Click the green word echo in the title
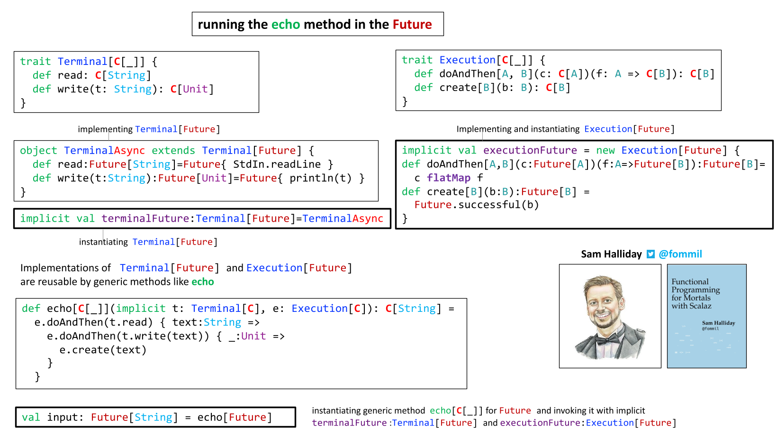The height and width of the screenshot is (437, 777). coord(286,24)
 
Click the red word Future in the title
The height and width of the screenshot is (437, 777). coord(412,24)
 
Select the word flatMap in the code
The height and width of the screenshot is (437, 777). coord(449,178)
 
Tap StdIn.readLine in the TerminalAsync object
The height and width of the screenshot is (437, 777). coord(277,164)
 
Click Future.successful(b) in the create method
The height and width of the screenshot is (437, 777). coord(477,205)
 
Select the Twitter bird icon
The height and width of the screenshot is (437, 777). coord(651,254)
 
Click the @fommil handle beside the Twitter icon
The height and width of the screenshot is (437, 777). coord(680,254)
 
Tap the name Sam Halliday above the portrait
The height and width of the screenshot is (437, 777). coord(611,254)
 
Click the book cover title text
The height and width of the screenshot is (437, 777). coord(696,294)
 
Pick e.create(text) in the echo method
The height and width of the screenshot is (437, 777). coord(103,350)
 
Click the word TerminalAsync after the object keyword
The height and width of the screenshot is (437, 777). coord(104,150)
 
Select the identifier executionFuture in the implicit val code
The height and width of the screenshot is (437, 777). coord(530,150)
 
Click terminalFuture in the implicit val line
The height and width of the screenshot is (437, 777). coord(145,218)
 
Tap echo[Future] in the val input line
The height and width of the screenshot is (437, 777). coord(235,417)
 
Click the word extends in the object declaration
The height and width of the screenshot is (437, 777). coord(173,150)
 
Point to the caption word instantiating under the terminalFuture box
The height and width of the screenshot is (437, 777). coord(103,242)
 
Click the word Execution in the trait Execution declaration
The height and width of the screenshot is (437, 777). coord(467,60)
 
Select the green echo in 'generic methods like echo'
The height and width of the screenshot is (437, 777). coord(203,282)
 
